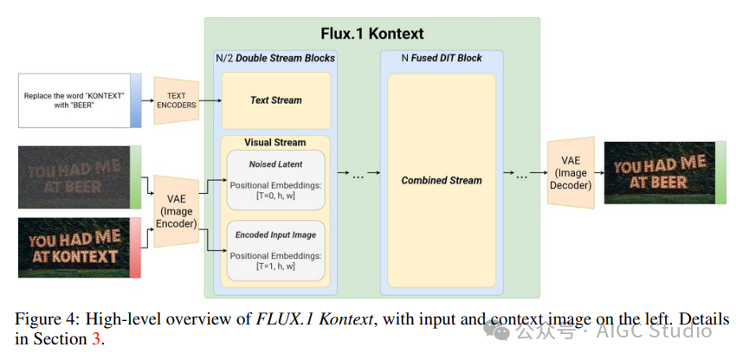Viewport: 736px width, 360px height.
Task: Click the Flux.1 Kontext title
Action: [x=371, y=34]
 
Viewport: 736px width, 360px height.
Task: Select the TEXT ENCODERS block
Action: [x=177, y=100]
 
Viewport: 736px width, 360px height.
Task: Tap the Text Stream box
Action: [x=275, y=100]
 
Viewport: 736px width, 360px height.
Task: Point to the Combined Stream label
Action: [x=442, y=180]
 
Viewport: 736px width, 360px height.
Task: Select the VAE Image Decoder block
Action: [x=571, y=172]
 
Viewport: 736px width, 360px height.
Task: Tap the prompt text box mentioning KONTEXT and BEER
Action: [x=74, y=100]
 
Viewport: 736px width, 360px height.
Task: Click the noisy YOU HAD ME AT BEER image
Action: [x=73, y=177]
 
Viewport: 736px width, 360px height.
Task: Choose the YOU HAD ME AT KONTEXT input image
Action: [x=73, y=248]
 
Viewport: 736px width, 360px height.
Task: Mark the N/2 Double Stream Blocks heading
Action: [x=275, y=58]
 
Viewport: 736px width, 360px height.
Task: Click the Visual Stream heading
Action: [x=275, y=142]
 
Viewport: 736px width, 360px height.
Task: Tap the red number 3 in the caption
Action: [x=96, y=338]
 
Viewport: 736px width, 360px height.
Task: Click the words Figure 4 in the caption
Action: [x=42, y=319]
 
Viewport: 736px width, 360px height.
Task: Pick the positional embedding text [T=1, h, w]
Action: [x=274, y=266]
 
